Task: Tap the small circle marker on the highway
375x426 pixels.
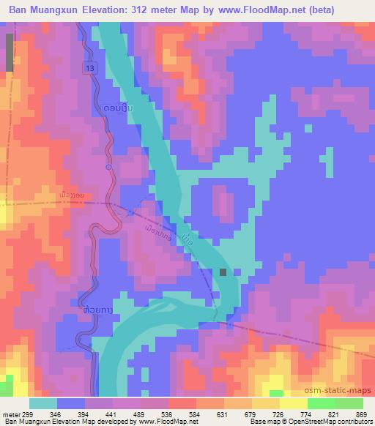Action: (x=108, y=167)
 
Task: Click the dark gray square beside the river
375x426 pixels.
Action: (x=223, y=272)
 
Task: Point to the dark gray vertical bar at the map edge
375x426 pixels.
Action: (x=9, y=52)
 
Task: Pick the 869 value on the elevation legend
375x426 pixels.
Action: (x=361, y=414)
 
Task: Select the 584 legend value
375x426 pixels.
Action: (x=194, y=414)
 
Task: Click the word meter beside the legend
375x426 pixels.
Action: (x=11, y=414)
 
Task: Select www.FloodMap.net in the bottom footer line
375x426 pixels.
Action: (x=167, y=422)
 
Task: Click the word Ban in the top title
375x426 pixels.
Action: (x=20, y=10)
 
